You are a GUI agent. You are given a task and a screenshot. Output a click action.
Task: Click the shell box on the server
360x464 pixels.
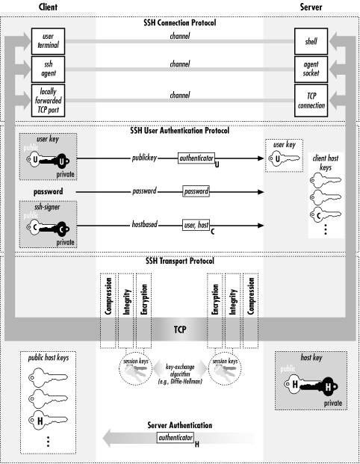(x=310, y=39)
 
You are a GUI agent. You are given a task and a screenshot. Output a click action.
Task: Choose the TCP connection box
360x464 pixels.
(x=310, y=100)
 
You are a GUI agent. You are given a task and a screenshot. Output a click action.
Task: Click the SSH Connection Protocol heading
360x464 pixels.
(x=179, y=22)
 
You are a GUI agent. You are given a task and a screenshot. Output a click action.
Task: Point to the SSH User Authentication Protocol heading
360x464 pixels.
(x=179, y=131)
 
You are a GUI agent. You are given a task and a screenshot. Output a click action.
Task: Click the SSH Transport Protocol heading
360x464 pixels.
(x=179, y=260)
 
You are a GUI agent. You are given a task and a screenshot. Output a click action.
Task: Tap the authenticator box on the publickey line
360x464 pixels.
(x=197, y=158)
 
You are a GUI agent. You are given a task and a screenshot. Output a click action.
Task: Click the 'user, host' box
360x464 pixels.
(x=197, y=223)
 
